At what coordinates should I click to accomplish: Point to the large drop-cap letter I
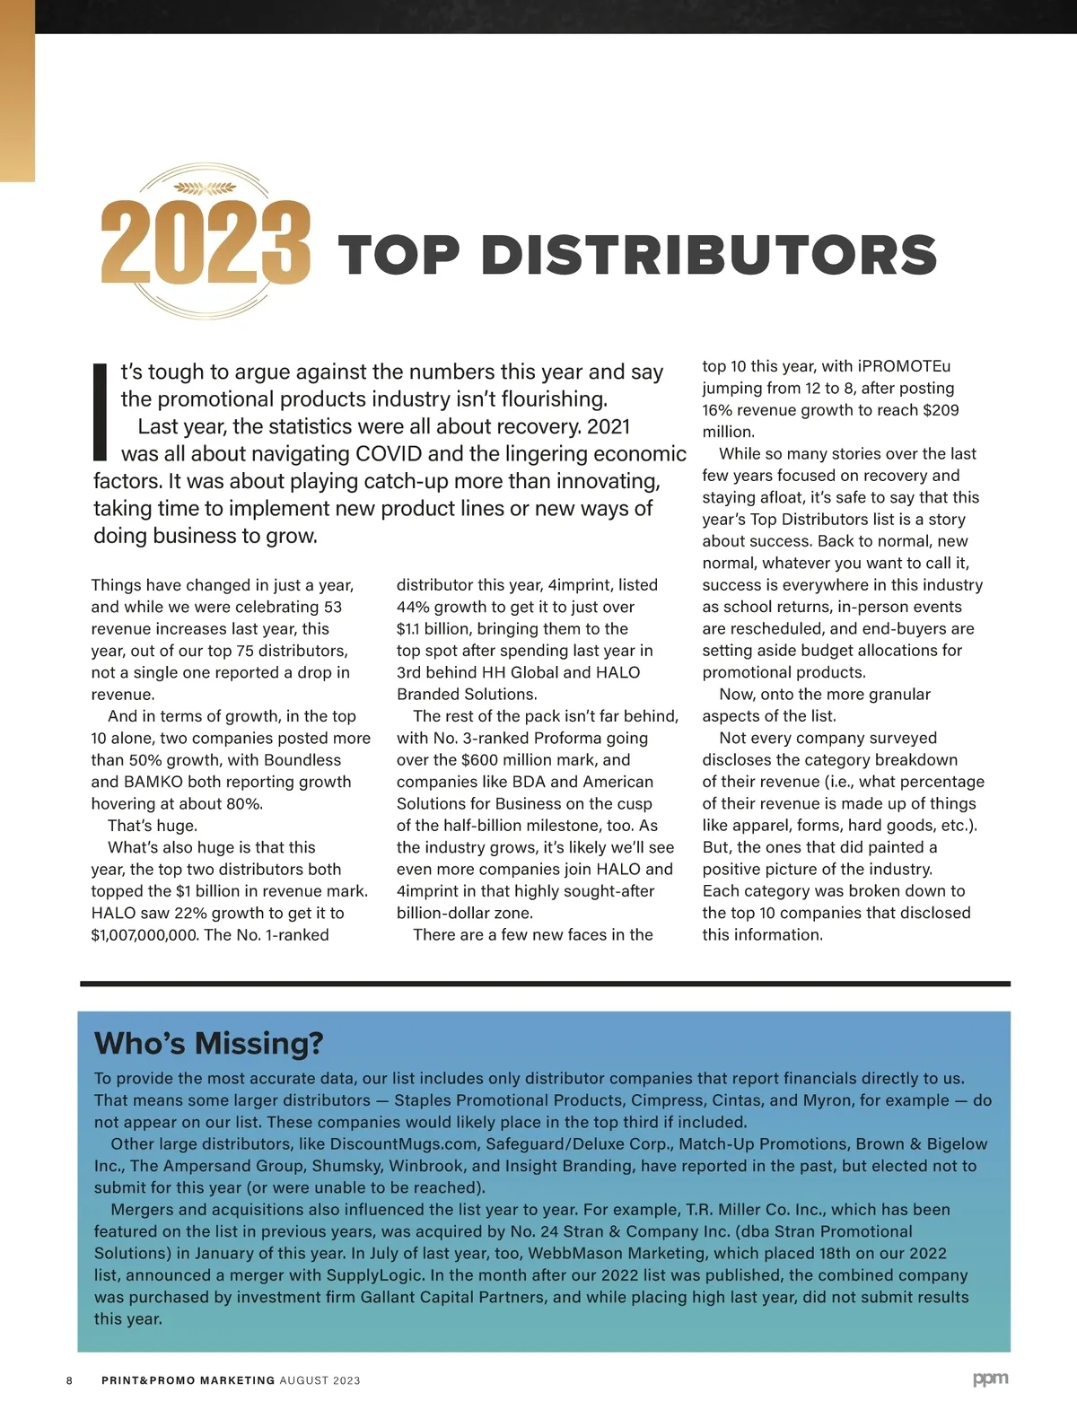coord(101,412)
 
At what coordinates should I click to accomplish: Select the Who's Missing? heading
coord(208,1044)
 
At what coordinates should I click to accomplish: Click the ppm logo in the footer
coord(990,1379)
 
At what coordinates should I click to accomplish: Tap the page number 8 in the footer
coord(69,1380)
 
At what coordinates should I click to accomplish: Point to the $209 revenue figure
coord(941,410)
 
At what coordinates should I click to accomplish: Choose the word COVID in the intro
coord(390,453)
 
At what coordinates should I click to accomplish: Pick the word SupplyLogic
coord(375,1275)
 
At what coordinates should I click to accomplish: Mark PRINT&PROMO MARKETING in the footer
coord(188,1380)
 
